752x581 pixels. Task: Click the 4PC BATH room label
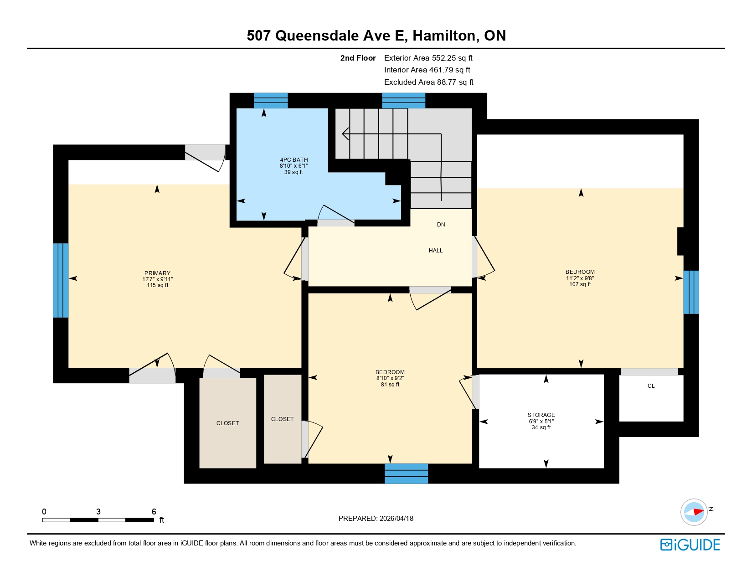[x=294, y=160]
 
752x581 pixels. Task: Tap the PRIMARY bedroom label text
[x=157, y=273]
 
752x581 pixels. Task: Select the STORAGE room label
[x=541, y=415]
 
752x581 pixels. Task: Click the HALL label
[x=435, y=251]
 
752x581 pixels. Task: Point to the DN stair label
[x=441, y=225]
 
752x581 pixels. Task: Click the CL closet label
[x=651, y=386]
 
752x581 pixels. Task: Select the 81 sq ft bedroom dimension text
[x=390, y=385]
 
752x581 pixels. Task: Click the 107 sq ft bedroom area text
[x=580, y=284]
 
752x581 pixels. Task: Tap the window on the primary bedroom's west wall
[x=61, y=280]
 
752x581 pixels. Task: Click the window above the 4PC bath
[x=271, y=100]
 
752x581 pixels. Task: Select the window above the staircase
[x=403, y=100]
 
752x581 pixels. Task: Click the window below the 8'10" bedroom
[x=406, y=473]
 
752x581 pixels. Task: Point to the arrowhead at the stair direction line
[x=345, y=134]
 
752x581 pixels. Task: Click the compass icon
[x=694, y=512]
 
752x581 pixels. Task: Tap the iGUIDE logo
[x=690, y=545]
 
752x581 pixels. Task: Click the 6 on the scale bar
[x=154, y=512]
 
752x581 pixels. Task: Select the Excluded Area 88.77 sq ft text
[x=428, y=82]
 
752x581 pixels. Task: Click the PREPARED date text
[x=376, y=519]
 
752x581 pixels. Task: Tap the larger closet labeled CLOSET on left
[x=227, y=423]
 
